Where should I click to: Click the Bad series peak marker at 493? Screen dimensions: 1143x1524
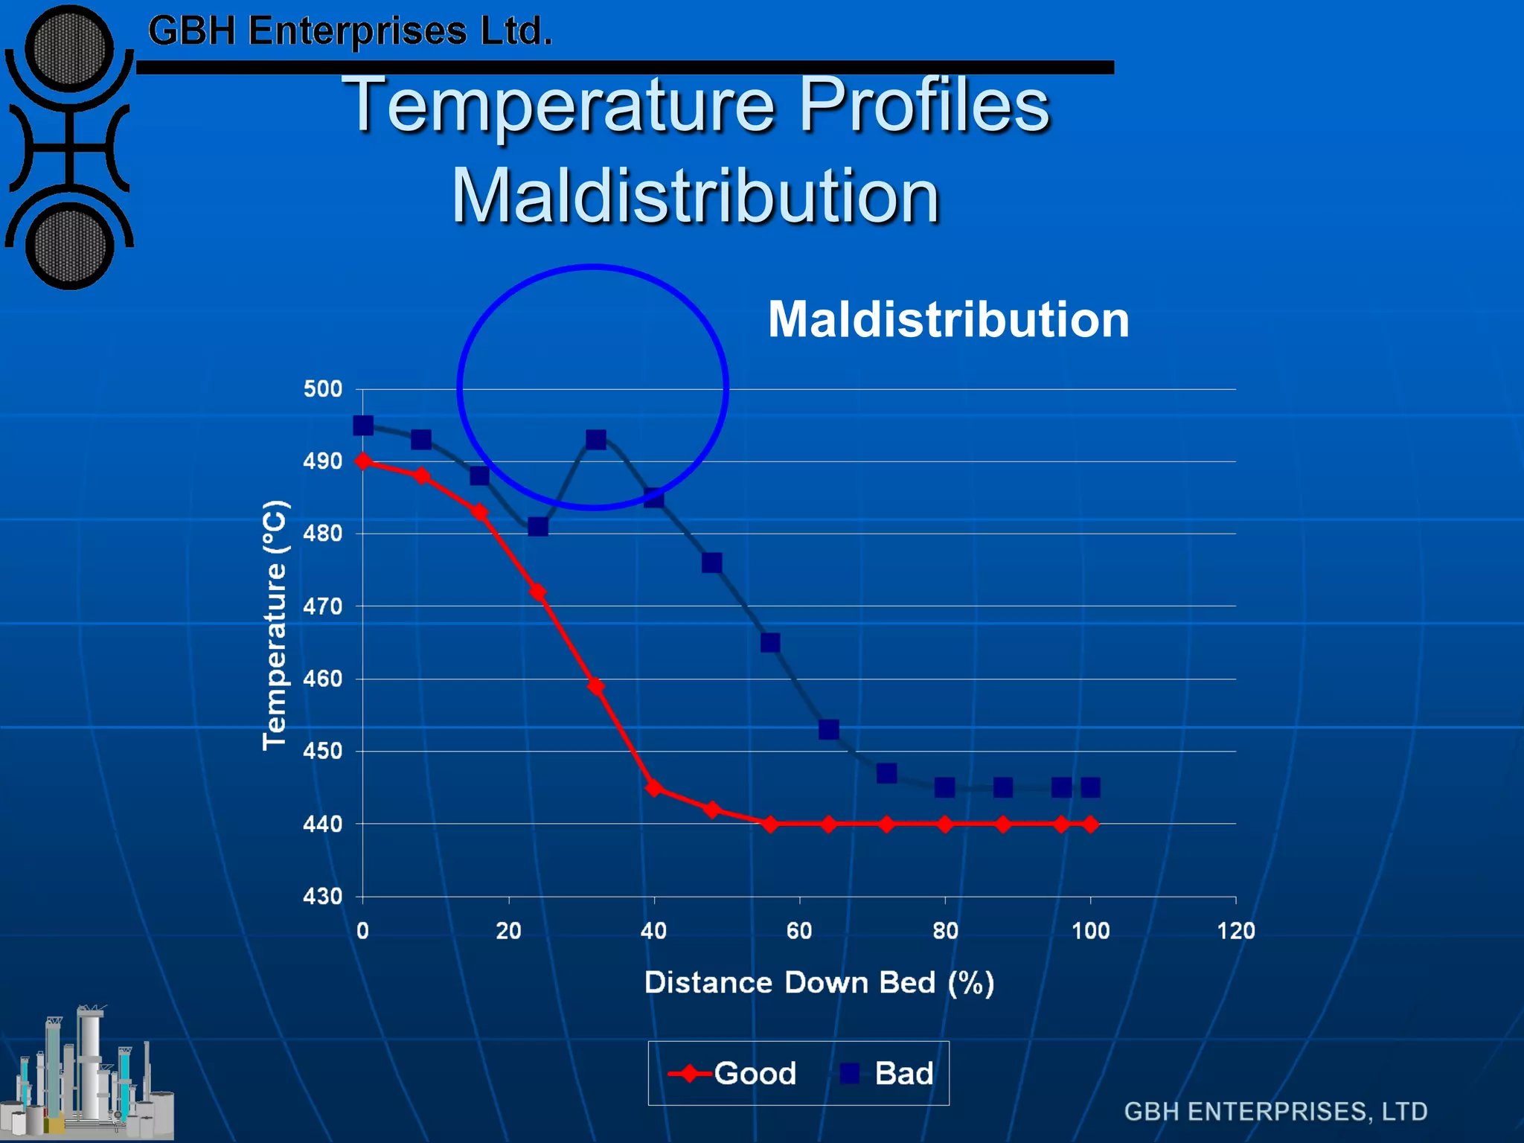click(596, 440)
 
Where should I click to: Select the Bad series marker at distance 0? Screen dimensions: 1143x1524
click(363, 426)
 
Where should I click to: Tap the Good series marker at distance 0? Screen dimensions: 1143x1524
click(363, 461)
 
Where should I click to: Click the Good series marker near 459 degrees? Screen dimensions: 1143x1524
click(596, 686)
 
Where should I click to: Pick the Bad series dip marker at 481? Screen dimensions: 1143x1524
click(538, 527)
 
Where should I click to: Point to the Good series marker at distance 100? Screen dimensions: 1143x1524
click(1090, 825)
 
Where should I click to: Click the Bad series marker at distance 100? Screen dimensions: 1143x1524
click(1090, 787)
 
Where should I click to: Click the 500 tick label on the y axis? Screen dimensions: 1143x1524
click(323, 389)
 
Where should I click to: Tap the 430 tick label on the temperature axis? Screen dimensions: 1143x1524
click(323, 897)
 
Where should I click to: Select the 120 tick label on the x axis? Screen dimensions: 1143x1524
click(1236, 932)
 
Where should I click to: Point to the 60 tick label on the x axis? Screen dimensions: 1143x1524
click(799, 932)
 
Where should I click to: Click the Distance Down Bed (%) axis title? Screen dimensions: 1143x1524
click(819, 983)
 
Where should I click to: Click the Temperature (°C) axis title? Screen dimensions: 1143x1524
click(275, 625)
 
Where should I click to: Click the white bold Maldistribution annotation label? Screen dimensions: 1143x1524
click(948, 319)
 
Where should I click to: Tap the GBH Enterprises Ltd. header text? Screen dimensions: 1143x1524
click(350, 31)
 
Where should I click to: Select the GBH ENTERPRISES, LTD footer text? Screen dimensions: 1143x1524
click(1275, 1112)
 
